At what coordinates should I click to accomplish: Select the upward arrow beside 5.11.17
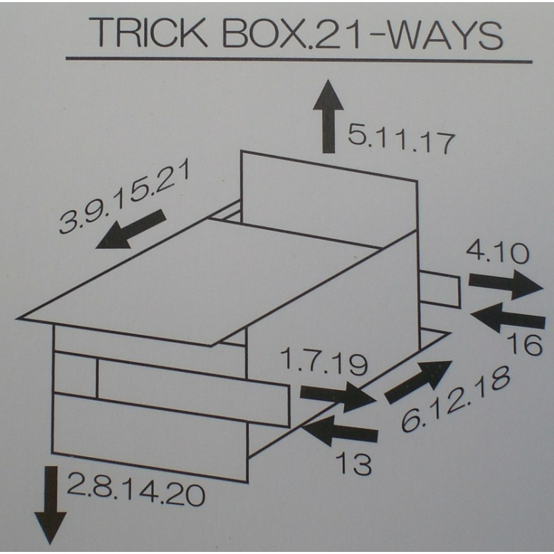[328, 116]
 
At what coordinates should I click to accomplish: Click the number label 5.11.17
[401, 139]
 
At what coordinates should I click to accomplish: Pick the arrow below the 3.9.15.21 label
[131, 229]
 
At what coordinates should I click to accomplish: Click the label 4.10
[497, 253]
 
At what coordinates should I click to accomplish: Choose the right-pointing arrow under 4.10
[506, 285]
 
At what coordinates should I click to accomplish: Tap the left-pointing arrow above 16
[508, 318]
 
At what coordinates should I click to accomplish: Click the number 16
[524, 345]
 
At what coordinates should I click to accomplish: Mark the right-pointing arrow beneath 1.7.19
[338, 396]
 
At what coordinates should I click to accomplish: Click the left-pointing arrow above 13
[340, 430]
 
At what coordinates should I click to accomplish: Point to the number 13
[353, 463]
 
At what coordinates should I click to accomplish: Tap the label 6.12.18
[456, 399]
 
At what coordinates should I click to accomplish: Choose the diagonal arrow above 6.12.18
[418, 382]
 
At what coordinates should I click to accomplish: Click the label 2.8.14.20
[136, 490]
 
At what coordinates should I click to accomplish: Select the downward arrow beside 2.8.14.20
[51, 506]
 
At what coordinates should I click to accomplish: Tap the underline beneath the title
[299, 60]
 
